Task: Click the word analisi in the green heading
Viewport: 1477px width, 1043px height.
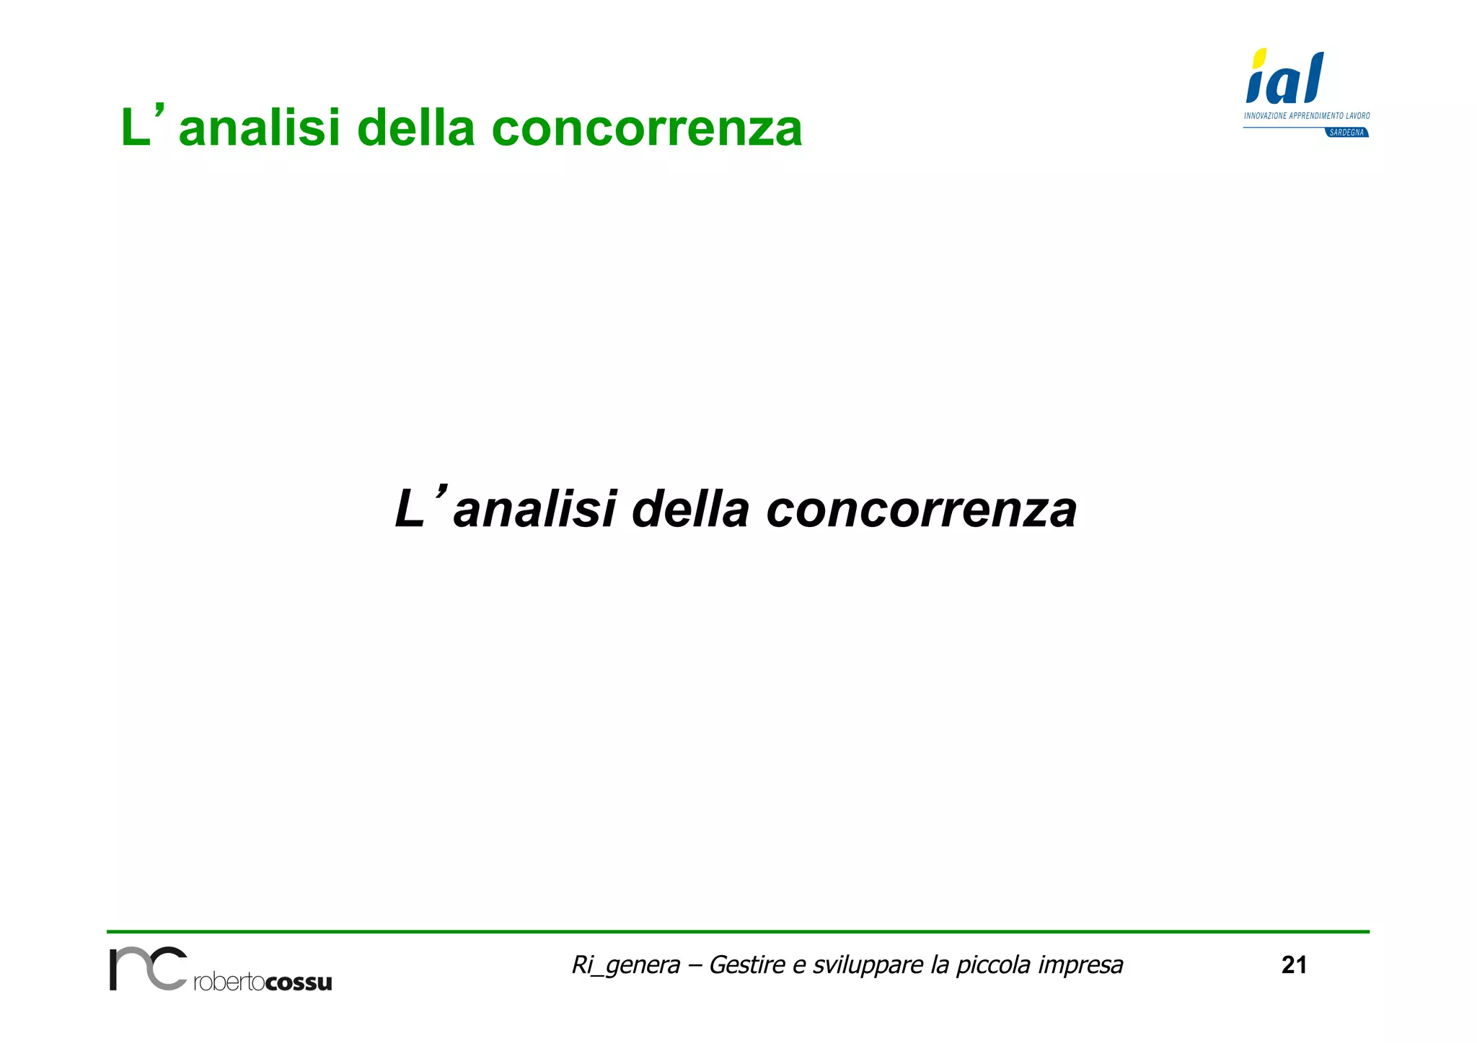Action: click(x=258, y=129)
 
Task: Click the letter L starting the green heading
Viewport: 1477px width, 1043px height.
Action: click(x=135, y=129)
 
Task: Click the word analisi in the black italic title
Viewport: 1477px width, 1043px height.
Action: click(x=534, y=510)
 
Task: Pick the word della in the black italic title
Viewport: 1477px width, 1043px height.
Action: click(x=690, y=510)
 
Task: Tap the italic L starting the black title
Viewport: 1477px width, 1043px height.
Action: click(x=410, y=510)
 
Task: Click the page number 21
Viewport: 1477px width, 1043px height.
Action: click(x=1294, y=965)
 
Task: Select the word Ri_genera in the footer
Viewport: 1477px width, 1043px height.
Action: click(x=625, y=965)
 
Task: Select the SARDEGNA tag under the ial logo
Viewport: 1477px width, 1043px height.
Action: click(x=1346, y=133)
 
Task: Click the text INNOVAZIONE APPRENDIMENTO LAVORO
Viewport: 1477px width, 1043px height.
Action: click(x=1306, y=115)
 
